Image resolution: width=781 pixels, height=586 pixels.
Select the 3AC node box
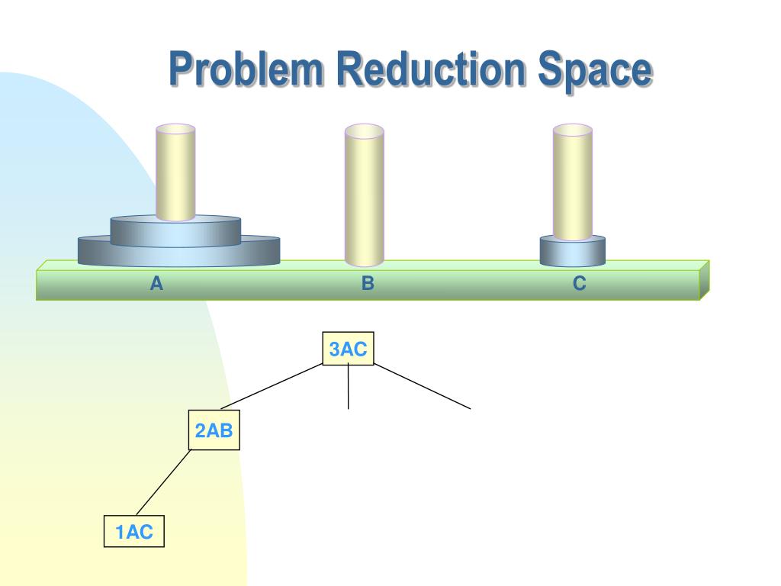pyautogui.click(x=349, y=349)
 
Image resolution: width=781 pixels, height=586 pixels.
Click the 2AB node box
pyautogui.click(x=214, y=431)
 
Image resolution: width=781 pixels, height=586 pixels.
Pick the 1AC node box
pyautogui.click(x=134, y=533)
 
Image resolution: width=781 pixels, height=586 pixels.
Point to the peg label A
pyautogui.click(x=156, y=284)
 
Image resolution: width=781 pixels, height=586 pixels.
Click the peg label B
pyautogui.click(x=368, y=284)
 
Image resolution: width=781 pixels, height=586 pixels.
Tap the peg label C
pyautogui.click(x=580, y=284)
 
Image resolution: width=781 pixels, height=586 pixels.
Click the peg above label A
pyautogui.click(x=175, y=172)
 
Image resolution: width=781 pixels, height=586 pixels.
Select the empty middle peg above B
pyautogui.click(x=364, y=195)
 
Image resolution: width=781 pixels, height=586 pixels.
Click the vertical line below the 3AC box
pyautogui.click(x=349, y=387)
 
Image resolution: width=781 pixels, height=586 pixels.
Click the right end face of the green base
pyautogui.click(x=705, y=279)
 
